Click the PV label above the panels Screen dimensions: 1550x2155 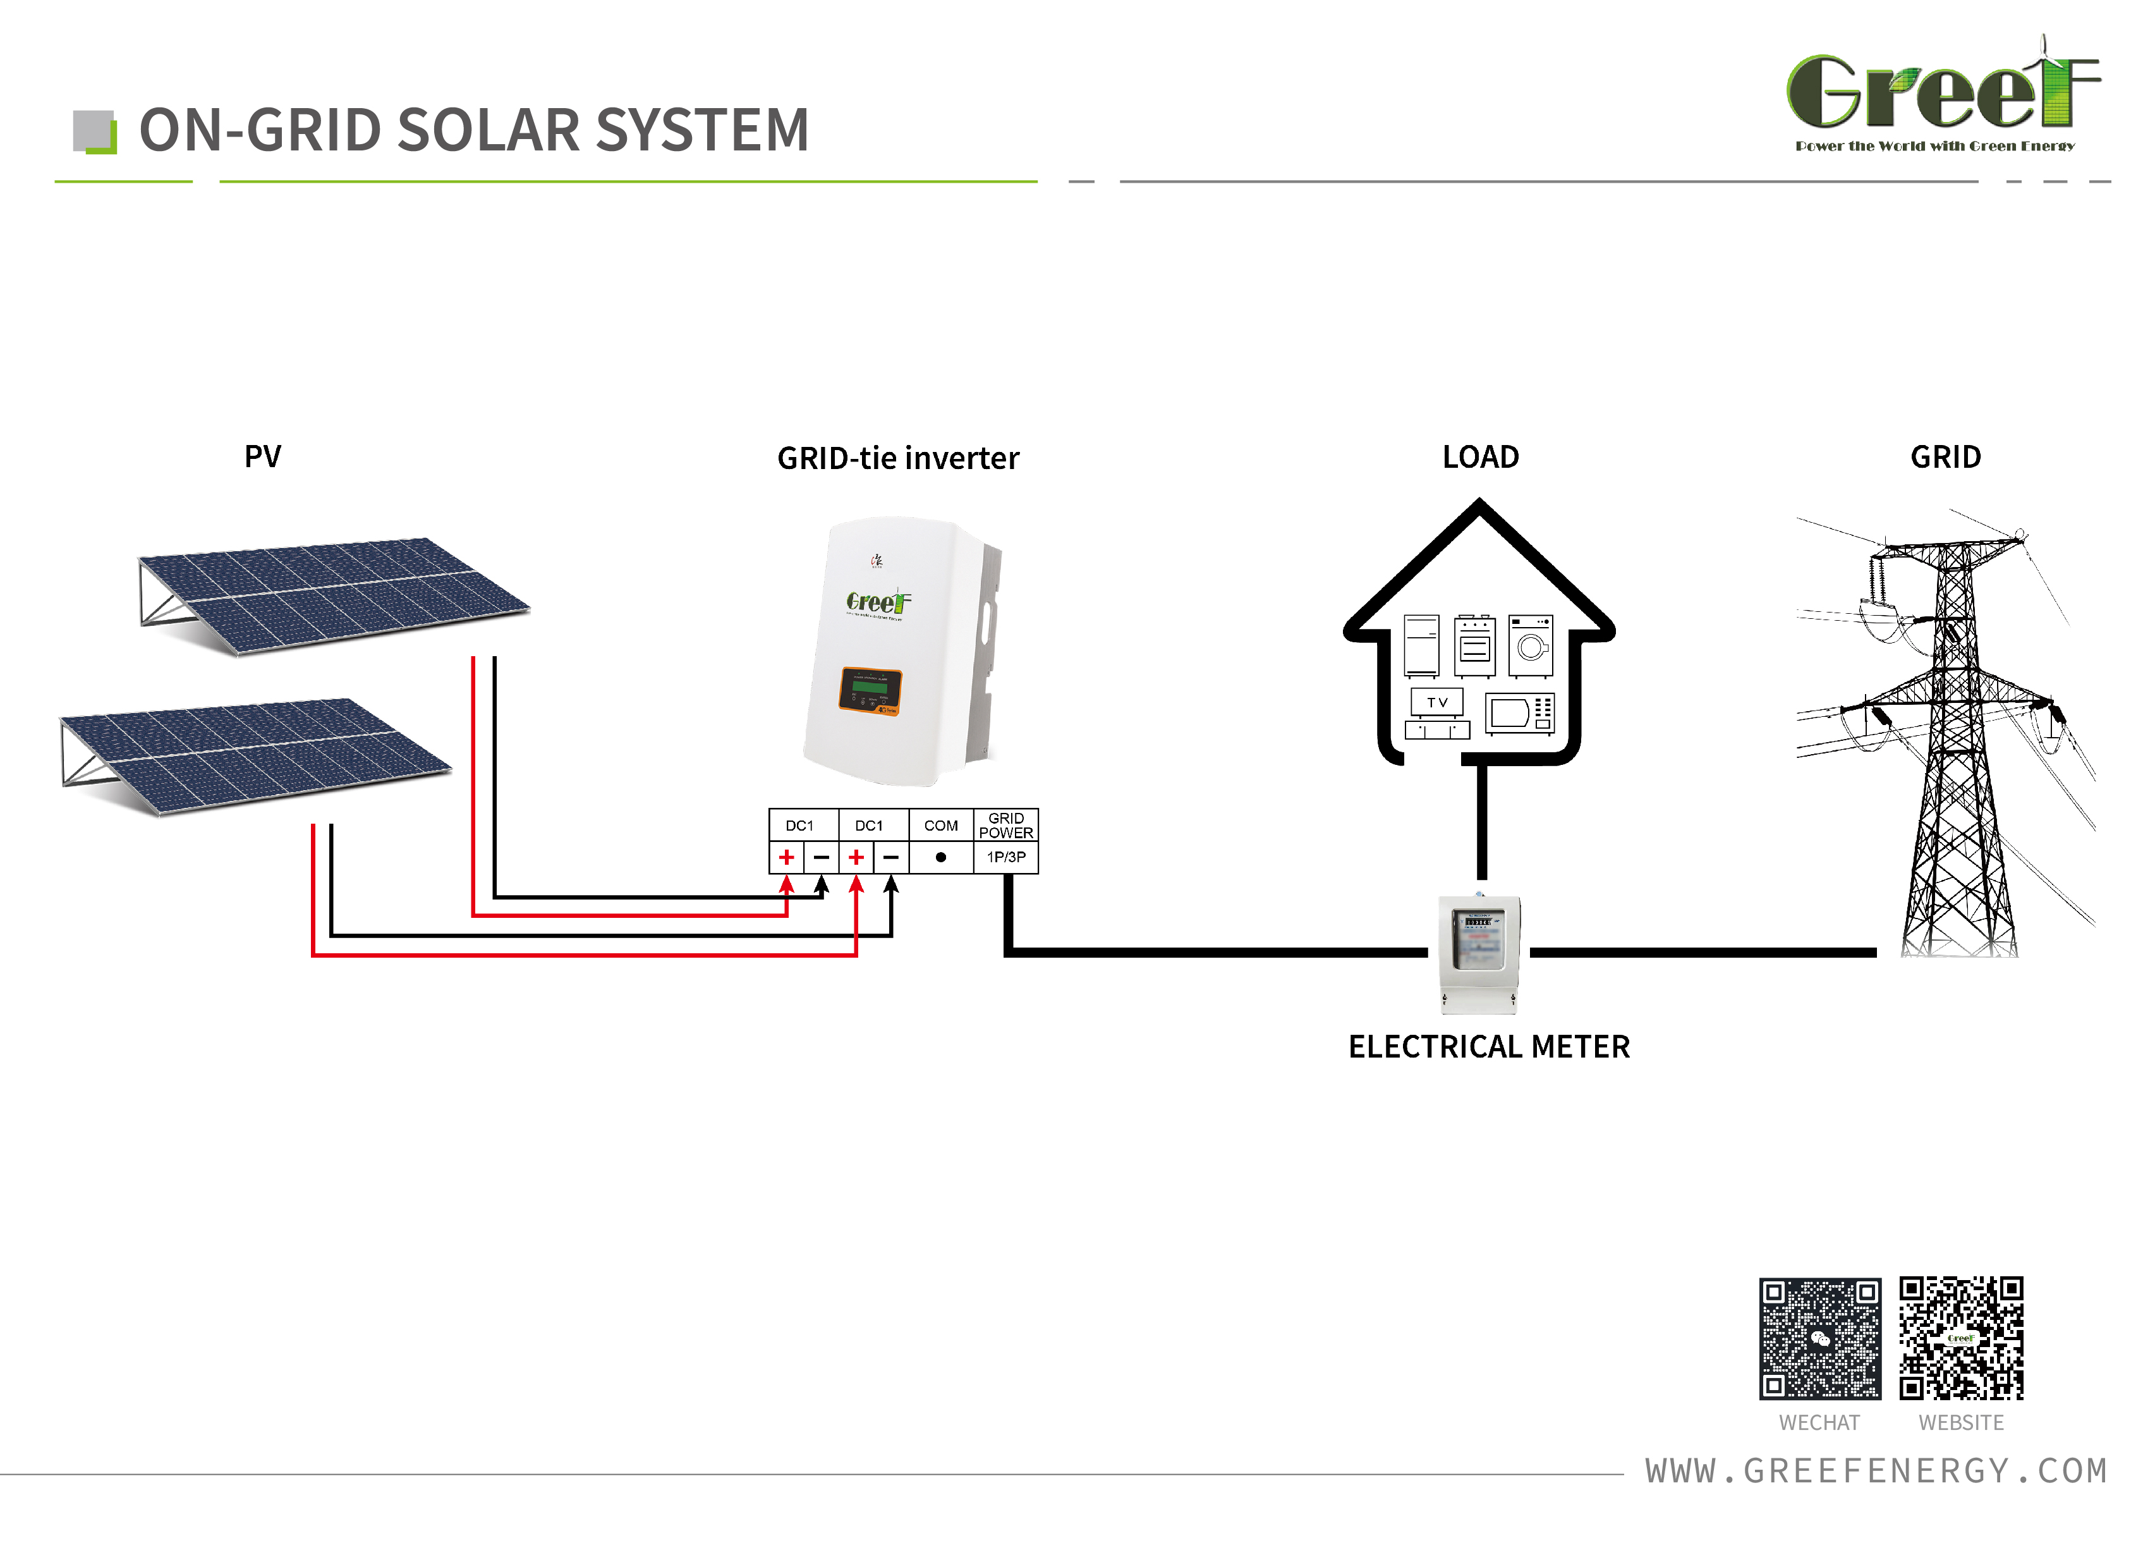(262, 457)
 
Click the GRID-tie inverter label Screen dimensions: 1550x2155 (898, 459)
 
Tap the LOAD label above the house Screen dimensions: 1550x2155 (1480, 457)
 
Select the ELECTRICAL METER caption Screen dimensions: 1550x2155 (1489, 1047)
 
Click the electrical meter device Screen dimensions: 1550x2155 (1479, 953)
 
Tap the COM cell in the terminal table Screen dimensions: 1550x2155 (940, 826)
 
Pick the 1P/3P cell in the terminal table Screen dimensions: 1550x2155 (1006, 857)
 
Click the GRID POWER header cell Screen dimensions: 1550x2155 (1006, 825)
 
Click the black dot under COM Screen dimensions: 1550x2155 (940, 857)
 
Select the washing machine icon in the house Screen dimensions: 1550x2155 (1530, 645)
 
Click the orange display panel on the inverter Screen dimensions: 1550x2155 (870, 691)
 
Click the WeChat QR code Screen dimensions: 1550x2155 (1819, 1338)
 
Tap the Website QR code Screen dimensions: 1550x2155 (1961, 1338)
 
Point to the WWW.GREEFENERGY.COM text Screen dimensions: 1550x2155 (1876, 1471)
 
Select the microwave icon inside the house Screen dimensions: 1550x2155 (1519, 713)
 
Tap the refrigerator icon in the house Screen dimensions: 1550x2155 (1421, 645)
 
